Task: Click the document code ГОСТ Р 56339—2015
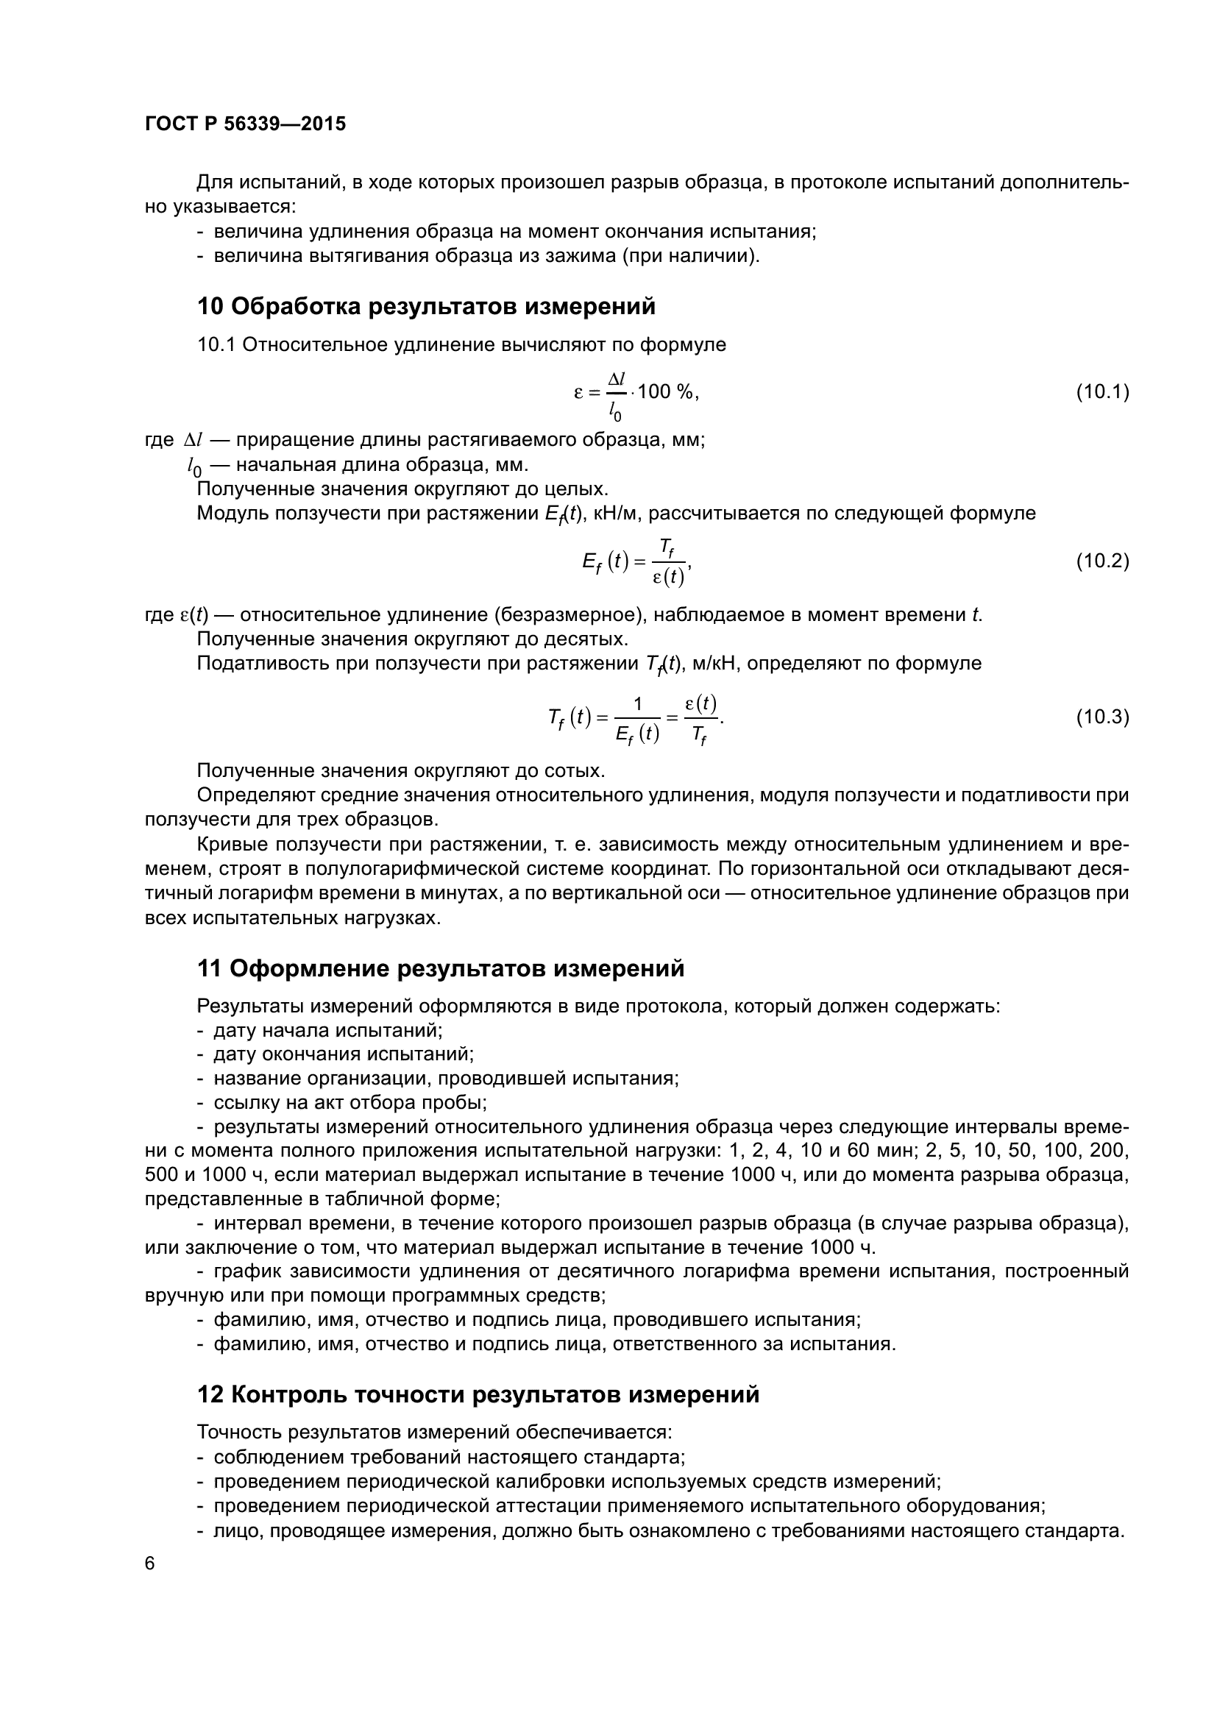[245, 124]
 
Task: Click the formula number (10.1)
[1102, 391]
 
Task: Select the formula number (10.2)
[1102, 561]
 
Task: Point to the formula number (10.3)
[1102, 717]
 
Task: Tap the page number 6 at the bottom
[150, 1564]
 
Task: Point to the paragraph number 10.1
[216, 345]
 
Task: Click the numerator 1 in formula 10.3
[638, 704]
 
